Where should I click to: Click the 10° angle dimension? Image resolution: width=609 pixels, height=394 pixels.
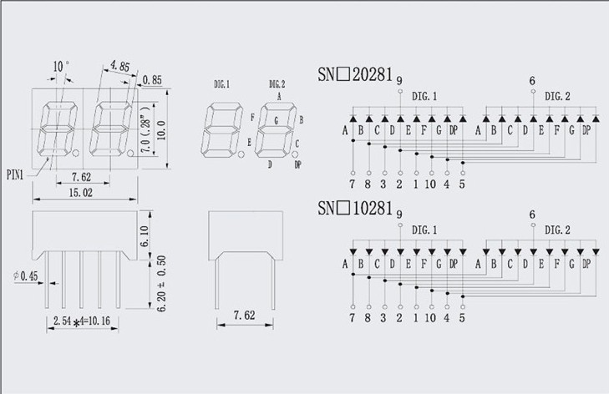pyautogui.click(x=61, y=67)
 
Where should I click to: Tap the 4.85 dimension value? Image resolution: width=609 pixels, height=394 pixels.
pyautogui.click(x=119, y=66)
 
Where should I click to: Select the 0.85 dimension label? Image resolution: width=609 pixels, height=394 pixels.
pyautogui.click(x=152, y=80)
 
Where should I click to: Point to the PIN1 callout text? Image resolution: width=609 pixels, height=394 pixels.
pyautogui.click(x=15, y=175)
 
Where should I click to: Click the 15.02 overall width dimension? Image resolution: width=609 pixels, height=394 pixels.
pyautogui.click(x=81, y=193)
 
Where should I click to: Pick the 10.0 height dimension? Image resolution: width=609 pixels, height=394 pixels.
pyautogui.click(x=160, y=130)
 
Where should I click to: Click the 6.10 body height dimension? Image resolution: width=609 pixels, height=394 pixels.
pyautogui.click(x=144, y=236)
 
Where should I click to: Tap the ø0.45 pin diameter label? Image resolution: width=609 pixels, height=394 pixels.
pyautogui.click(x=26, y=276)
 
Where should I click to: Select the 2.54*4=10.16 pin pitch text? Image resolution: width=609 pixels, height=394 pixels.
pyautogui.click(x=82, y=321)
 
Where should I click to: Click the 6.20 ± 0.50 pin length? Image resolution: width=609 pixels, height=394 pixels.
pyautogui.click(x=161, y=283)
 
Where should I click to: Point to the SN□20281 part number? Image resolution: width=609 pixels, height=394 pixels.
pyautogui.click(x=355, y=74)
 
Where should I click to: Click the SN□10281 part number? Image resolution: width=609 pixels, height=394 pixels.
pyautogui.click(x=355, y=208)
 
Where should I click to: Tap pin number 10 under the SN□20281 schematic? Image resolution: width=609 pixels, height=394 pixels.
pyautogui.click(x=430, y=184)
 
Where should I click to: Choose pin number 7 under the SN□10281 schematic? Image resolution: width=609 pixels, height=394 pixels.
pyautogui.click(x=352, y=318)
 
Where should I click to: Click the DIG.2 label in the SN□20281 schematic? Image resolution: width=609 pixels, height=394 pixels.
pyautogui.click(x=557, y=96)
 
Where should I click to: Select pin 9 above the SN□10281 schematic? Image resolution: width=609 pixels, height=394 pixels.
pyautogui.click(x=399, y=215)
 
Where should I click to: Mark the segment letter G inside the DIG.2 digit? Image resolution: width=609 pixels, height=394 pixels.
pyautogui.click(x=277, y=121)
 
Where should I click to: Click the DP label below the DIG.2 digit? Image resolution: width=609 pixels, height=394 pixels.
pyautogui.click(x=298, y=164)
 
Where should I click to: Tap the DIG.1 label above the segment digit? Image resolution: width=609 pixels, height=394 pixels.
pyautogui.click(x=221, y=84)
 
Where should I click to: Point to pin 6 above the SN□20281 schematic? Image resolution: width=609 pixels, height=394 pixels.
pyautogui.click(x=532, y=81)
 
